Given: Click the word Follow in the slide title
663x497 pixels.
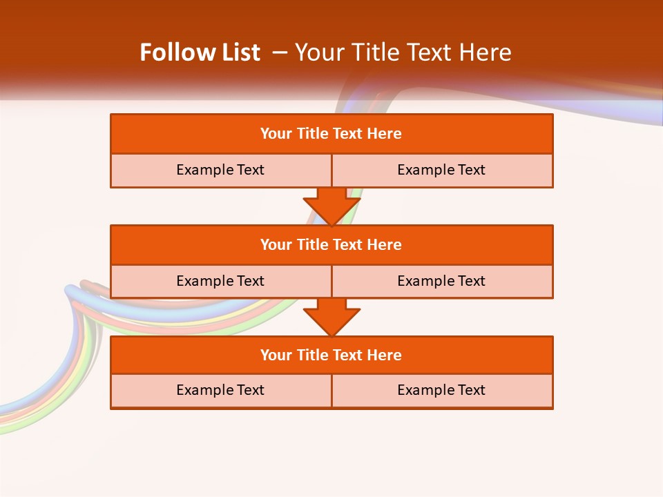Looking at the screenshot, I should (169, 52).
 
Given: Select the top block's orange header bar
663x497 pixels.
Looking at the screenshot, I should (331, 134).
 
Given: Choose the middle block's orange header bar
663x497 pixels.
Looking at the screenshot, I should (331, 244).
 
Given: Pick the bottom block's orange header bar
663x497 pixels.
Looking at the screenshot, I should (331, 355).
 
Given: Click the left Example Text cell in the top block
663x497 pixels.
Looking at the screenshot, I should (221, 170).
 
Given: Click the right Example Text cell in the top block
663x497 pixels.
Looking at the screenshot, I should (442, 170).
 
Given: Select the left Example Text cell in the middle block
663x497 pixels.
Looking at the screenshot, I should (221, 281).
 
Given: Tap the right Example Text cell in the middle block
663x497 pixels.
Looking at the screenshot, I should (442, 281).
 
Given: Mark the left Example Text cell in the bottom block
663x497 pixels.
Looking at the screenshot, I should (221, 390).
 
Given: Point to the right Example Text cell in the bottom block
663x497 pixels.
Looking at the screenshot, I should (442, 390).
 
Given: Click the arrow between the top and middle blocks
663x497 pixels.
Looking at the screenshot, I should (331, 206).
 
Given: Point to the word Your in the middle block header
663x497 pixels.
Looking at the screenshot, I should (276, 244).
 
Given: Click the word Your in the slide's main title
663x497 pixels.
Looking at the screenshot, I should (317, 52).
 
